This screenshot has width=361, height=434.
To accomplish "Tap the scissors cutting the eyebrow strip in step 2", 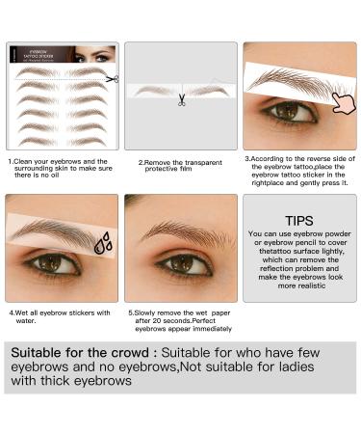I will click(181, 98).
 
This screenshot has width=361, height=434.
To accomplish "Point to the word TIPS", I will click(299, 221).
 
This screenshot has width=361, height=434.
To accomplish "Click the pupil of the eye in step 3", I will click(286, 113).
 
